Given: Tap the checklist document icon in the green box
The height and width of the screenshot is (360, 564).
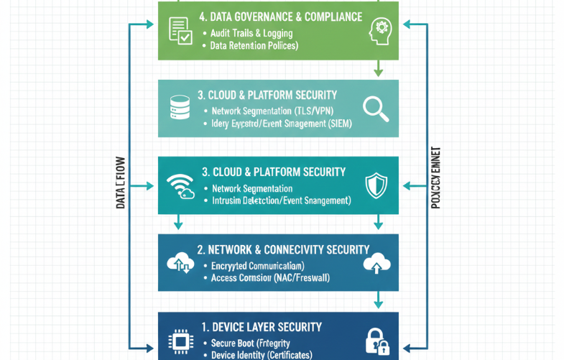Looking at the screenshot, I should pos(179,30).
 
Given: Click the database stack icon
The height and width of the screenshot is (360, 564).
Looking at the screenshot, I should pos(178,108).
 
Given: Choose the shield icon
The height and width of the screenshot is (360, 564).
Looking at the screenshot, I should pos(376,185).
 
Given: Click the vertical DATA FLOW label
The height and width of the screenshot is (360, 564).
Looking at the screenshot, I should pos(121,183).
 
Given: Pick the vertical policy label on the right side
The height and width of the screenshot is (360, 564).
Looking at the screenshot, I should pos(435,178).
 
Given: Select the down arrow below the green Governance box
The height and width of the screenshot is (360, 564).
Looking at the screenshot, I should pos(378,68).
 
